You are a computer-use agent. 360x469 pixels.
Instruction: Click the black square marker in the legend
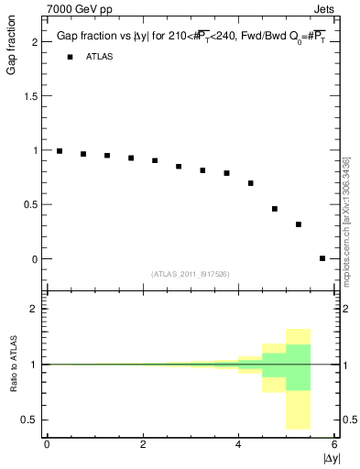tap(69, 57)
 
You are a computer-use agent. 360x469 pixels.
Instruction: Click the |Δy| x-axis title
tap(332, 457)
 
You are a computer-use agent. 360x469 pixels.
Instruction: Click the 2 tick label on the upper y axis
tap(34, 41)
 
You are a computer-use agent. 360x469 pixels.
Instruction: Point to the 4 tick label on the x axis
tap(239, 444)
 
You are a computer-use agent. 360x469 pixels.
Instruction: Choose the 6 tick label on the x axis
tap(335, 444)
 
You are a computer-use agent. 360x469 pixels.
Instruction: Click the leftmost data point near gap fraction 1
tap(60, 151)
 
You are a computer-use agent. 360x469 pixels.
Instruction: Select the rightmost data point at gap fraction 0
tap(322, 258)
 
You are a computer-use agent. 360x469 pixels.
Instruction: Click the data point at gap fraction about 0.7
tap(251, 183)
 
